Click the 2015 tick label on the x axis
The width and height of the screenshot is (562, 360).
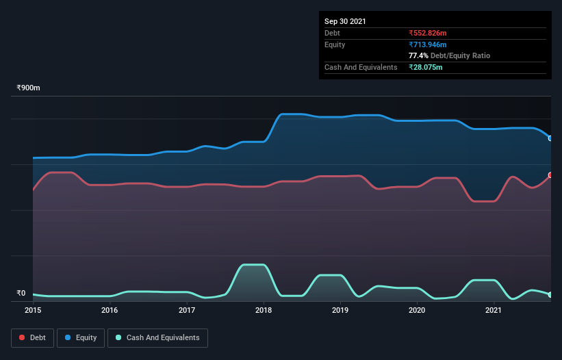(33, 310)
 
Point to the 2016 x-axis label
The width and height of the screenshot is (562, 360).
(110, 310)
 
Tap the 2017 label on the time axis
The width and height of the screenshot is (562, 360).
(187, 310)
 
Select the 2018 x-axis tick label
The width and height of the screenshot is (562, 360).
(264, 310)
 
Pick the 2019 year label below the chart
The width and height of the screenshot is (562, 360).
(341, 310)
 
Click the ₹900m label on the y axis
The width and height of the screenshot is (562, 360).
(29, 88)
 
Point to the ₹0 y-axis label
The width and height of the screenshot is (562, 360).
(21, 293)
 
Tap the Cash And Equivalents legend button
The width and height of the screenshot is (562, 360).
(157, 337)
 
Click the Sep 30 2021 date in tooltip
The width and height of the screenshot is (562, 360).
(345, 21)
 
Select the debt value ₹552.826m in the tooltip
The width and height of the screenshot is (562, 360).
(427, 33)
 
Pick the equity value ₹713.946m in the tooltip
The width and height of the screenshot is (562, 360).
(427, 44)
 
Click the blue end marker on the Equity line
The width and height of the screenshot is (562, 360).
(550, 138)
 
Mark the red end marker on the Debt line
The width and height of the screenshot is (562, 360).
(550, 175)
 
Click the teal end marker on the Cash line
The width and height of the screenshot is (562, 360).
(550, 295)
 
